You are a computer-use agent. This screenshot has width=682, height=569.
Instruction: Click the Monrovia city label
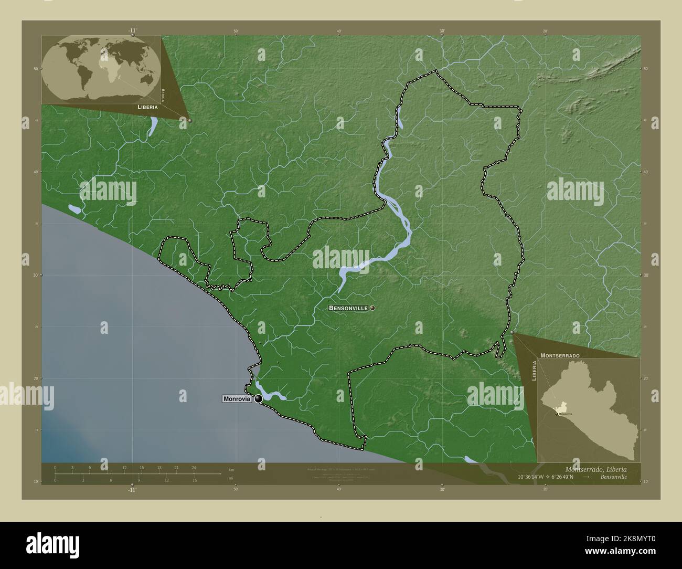click(237, 399)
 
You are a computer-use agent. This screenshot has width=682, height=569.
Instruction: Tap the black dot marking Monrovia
click(258, 399)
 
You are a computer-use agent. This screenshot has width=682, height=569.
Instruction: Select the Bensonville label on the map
click(348, 308)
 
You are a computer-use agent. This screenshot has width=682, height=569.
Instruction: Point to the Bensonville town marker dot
click(372, 308)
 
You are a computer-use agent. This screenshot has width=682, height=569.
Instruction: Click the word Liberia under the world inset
click(147, 107)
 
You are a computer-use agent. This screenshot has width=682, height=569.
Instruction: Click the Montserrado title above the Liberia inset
click(560, 355)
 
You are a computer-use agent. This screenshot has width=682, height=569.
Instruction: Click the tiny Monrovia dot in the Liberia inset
click(556, 414)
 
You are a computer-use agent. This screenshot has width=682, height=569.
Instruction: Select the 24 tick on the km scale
click(194, 468)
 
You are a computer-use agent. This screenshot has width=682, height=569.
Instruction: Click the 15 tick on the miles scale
click(194, 480)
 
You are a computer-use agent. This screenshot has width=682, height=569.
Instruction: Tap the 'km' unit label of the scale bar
click(231, 469)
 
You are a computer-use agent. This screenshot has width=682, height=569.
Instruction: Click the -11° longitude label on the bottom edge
click(132, 490)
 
